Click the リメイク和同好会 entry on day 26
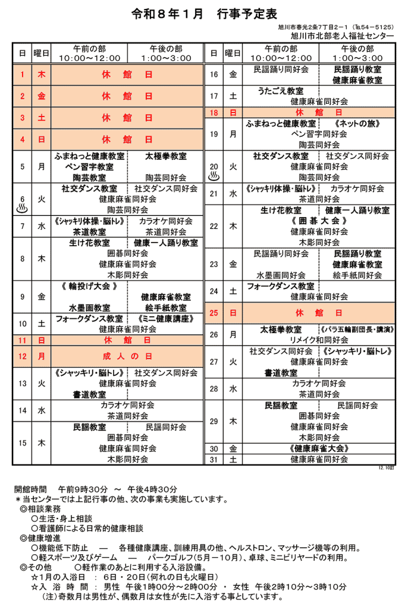(x=319, y=340)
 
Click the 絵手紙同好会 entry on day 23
(x=357, y=275)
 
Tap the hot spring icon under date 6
(x=23, y=209)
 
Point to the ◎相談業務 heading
(x=40, y=509)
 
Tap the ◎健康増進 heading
(x=40, y=538)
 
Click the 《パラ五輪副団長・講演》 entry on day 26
(x=357, y=329)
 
